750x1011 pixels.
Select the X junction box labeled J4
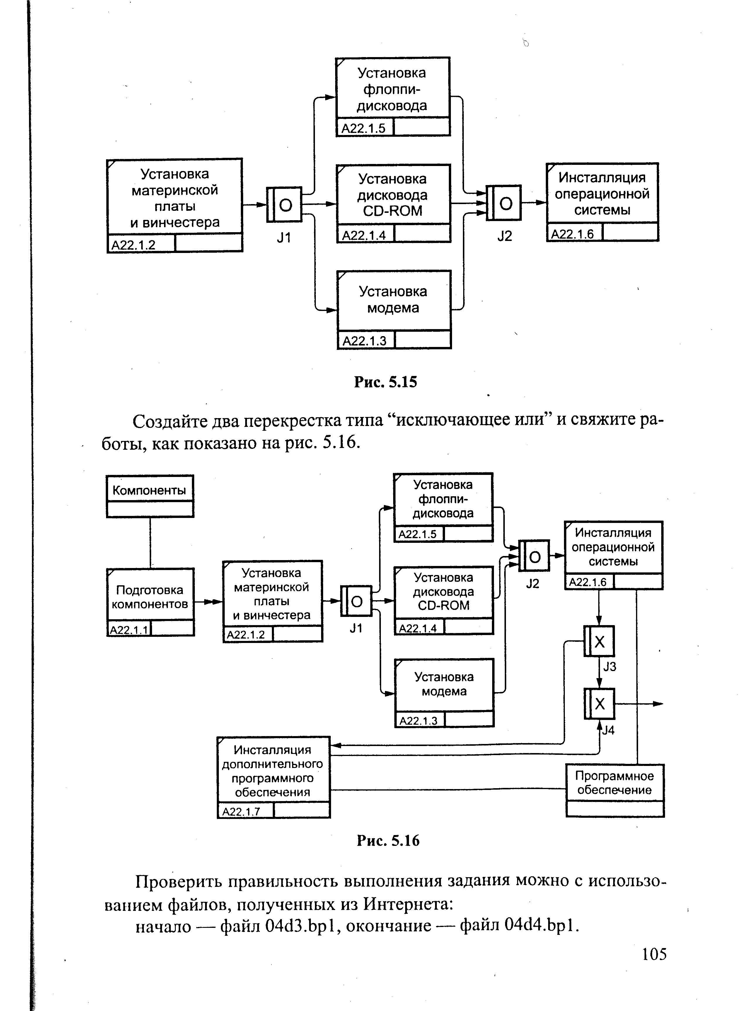[x=599, y=704]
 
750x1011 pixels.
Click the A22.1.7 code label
[x=241, y=811]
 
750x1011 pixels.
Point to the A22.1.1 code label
[x=129, y=630]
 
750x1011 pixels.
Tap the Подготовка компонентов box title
[x=150, y=597]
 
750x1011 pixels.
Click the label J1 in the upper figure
[x=284, y=237]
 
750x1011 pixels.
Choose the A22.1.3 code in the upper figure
[x=364, y=341]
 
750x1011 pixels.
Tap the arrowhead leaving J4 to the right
[x=658, y=704]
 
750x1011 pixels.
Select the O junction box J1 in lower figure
[x=356, y=601]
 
